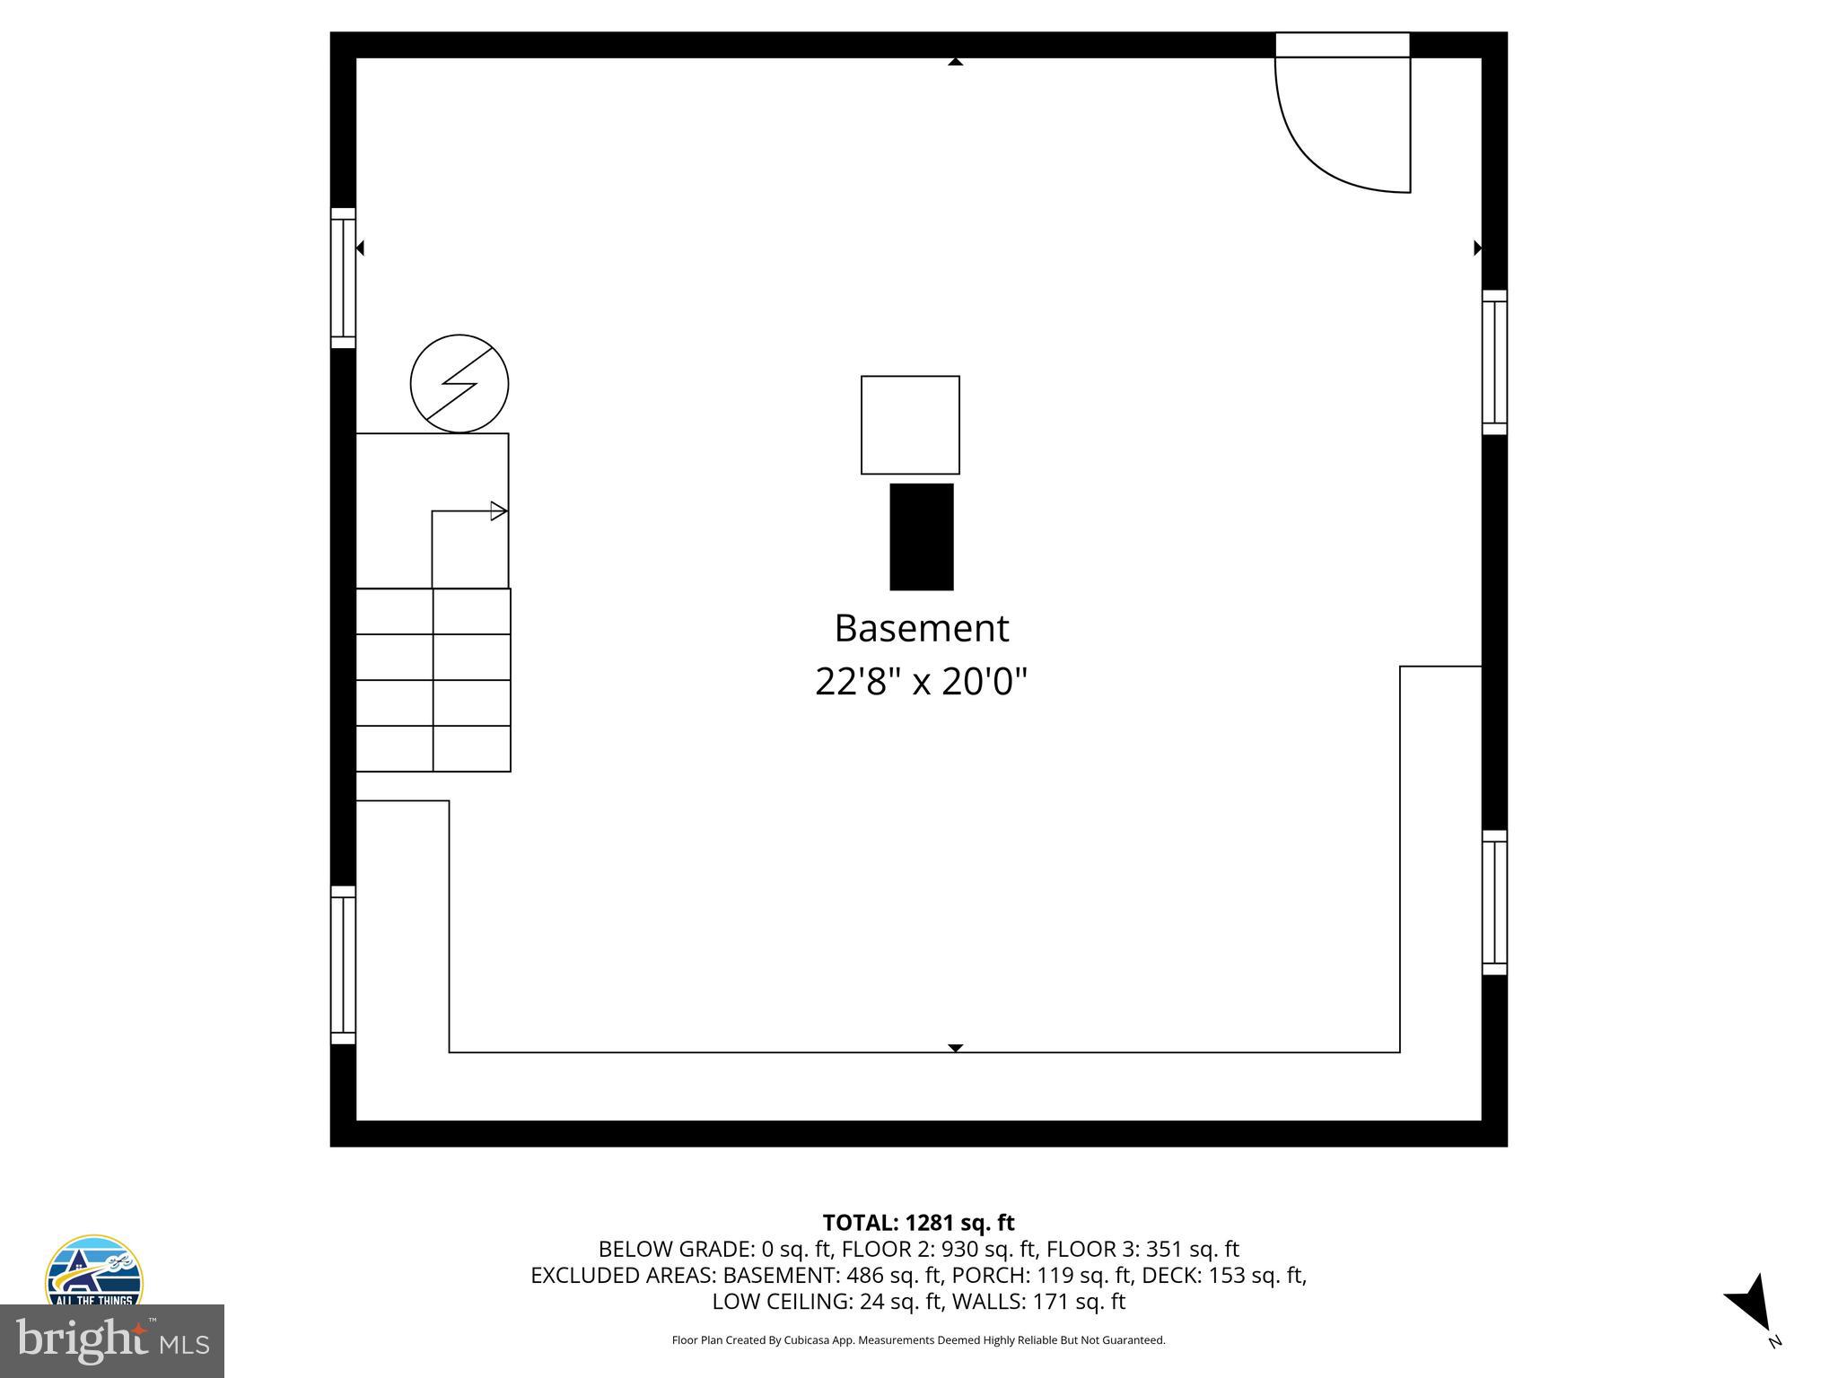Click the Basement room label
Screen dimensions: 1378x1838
tap(921, 628)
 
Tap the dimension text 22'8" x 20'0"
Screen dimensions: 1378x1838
tap(921, 682)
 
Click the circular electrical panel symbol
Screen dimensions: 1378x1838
tap(459, 384)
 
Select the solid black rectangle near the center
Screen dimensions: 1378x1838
tap(921, 536)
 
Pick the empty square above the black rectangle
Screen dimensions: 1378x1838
tap(910, 425)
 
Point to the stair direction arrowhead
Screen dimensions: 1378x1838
tap(498, 511)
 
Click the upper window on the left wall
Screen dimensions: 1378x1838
tap(343, 278)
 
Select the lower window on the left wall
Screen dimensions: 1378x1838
tap(343, 965)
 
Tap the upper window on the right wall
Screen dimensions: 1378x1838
tap(1494, 362)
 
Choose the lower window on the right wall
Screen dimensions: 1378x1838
tap(1494, 903)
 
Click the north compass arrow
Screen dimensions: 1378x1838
tap(1750, 1305)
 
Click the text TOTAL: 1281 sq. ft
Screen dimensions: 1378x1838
tap(918, 1223)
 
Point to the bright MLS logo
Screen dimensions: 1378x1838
tap(112, 1340)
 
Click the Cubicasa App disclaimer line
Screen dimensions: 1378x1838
tap(918, 1340)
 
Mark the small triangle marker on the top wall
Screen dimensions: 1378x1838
tap(956, 62)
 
